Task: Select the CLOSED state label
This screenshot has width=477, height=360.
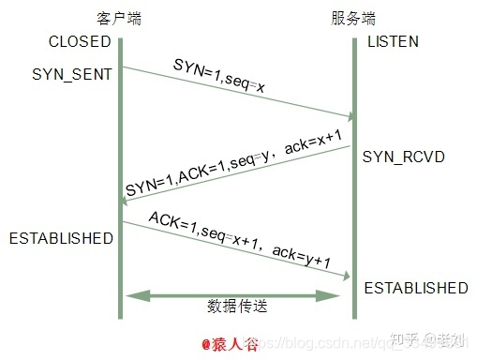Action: tap(80, 42)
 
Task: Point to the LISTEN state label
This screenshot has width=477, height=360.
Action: tap(393, 42)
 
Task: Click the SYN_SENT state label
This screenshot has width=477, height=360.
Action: tap(71, 72)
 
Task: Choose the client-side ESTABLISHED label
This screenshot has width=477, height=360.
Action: tap(61, 238)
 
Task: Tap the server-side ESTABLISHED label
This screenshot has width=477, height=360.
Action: tap(415, 287)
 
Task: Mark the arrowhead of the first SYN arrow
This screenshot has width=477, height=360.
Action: tap(350, 116)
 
